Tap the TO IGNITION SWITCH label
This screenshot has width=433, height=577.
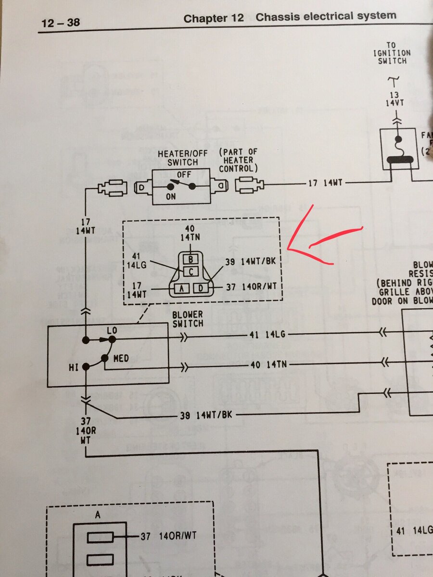393,53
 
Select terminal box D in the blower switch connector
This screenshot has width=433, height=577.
201,288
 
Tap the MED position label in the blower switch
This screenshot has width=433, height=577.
120,359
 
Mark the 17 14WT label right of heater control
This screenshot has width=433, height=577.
326,183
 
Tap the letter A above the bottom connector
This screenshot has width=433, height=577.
98,515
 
